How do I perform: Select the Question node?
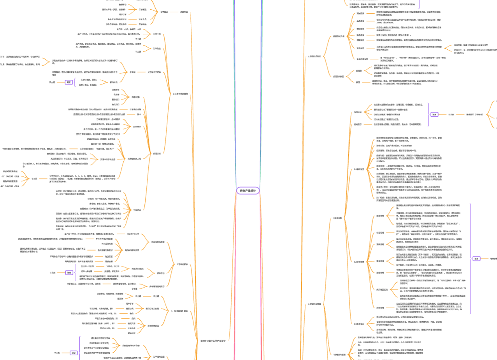137,126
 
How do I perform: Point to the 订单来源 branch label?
143,9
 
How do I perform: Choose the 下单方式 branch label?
143,19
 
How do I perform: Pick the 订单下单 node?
156,34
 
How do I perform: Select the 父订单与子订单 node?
154,72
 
